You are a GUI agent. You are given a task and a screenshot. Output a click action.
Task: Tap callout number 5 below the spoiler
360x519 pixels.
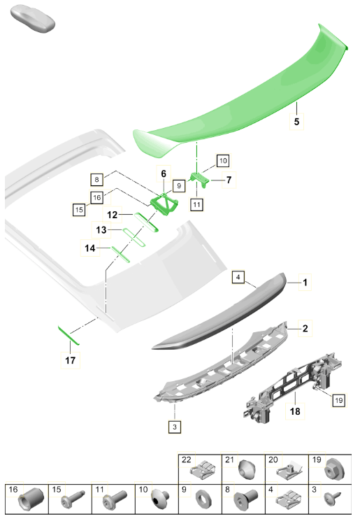(296, 122)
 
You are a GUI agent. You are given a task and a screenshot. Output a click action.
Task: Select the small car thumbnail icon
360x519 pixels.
(32, 18)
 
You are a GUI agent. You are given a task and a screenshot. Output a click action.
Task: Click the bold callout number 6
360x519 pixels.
(164, 173)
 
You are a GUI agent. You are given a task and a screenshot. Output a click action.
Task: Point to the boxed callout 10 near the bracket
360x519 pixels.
(223, 161)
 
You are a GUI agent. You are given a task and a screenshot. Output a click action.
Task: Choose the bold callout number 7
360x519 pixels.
(229, 180)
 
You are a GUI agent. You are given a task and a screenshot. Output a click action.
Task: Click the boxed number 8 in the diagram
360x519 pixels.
(96, 179)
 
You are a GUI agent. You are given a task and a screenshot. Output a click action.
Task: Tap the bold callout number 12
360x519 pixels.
(112, 215)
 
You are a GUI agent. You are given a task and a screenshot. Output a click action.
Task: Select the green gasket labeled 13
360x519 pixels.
(134, 237)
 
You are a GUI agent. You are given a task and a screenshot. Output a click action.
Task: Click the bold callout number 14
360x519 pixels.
(90, 248)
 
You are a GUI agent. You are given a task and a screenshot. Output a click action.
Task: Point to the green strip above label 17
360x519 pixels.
(69, 335)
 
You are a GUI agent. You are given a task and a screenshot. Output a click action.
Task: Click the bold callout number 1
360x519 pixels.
(305, 283)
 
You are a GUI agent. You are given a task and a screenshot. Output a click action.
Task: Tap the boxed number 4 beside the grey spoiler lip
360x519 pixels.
(238, 277)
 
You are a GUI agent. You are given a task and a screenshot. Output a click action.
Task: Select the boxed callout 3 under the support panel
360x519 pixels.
(175, 427)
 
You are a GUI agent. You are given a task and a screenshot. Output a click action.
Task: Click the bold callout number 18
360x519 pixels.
(295, 411)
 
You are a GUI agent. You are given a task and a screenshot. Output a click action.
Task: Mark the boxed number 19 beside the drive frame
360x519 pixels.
(339, 401)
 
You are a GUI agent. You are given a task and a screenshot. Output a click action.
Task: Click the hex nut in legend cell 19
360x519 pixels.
(335, 469)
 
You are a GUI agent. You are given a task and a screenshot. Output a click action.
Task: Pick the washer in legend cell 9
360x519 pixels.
(202, 499)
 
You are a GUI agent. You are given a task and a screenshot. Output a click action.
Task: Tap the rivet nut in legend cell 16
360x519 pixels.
(31, 499)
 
